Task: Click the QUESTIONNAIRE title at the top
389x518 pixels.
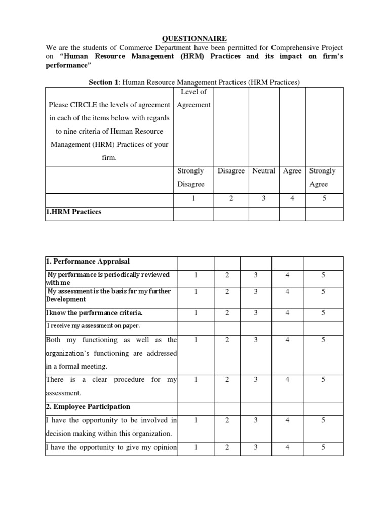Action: pyautogui.click(x=188, y=38)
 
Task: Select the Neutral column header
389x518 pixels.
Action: pyautogui.click(x=263, y=171)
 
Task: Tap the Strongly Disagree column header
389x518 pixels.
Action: pyautogui.click(x=190, y=178)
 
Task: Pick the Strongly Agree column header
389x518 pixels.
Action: pyautogui.click(x=322, y=178)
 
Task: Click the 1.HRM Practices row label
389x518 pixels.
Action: pyautogui.click(x=73, y=212)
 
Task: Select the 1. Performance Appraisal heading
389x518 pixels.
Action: pyautogui.click(x=88, y=262)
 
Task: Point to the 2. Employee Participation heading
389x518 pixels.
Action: pyautogui.click(x=88, y=406)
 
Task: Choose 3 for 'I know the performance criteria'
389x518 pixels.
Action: pyautogui.click(x=256, y=313)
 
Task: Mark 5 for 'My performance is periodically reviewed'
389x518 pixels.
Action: pyautogui.click(x=323, y=275)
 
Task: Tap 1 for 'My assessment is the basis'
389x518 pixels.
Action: pyautogui.click(x=196, y=291)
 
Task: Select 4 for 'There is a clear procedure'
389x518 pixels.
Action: pyautogui.click(x=287, y=379)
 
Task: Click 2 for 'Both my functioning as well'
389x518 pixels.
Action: pyautogui.click(x=227, y=340)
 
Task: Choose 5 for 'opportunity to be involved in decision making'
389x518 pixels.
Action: pyautogui.click(x=323, y=419)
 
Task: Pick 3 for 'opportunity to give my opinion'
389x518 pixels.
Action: pyautogui.click(x=256, y=447)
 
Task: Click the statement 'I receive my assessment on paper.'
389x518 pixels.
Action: pyautogui.click(x=94, y=326)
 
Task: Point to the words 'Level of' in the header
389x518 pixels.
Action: pyautogui.click(x=193, y=92)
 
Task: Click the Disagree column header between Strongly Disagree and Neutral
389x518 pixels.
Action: pyautogui.click(x=231, y=171)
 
